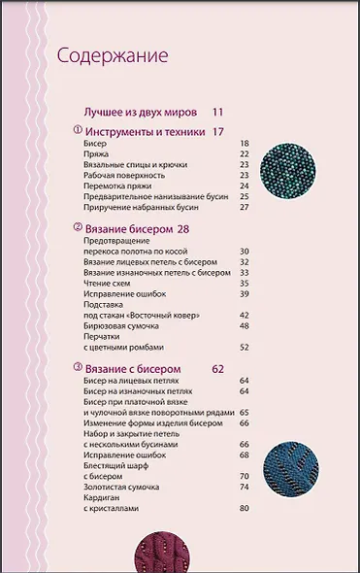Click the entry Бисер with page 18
coord(95,144)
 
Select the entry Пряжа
coord(96,154)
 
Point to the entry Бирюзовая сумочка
coord(128,325)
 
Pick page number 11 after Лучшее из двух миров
coord(217,113)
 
